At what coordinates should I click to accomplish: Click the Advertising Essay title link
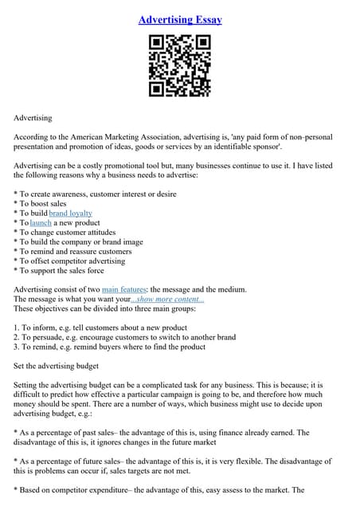180,19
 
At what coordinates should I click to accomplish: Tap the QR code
180,67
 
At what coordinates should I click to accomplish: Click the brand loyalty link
70,213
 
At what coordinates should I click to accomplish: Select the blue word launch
41,223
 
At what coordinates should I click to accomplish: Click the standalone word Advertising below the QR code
33,118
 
